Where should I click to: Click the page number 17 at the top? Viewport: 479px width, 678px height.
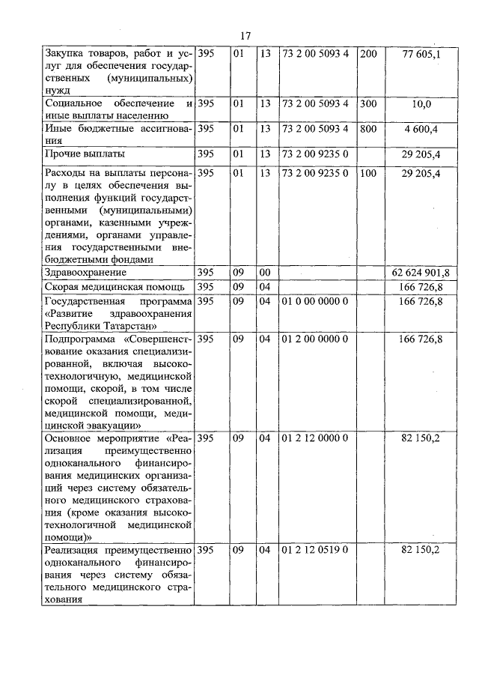tap(245, 35)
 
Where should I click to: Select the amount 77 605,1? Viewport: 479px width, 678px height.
tap(421, 54)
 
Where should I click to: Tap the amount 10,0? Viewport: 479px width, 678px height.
tap(421, 104)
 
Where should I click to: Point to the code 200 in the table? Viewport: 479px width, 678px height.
tap(368, 54)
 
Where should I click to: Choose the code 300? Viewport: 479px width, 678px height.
tap(368, 103)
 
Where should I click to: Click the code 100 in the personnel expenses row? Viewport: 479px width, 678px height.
tap(368, 173)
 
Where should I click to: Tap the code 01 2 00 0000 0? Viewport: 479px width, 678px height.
tap(314, 339)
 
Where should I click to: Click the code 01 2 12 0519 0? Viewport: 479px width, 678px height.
tap(314, 550)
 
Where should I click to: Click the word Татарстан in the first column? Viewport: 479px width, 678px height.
tap(128, 325)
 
